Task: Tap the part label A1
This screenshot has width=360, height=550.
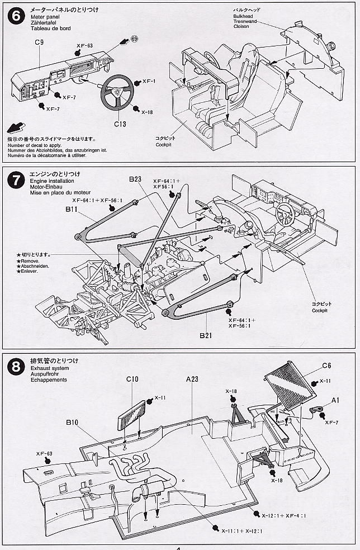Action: click(335, 400)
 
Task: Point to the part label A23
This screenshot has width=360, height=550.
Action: click(192, 380)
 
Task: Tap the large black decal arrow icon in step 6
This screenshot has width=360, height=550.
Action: click(16, 127)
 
